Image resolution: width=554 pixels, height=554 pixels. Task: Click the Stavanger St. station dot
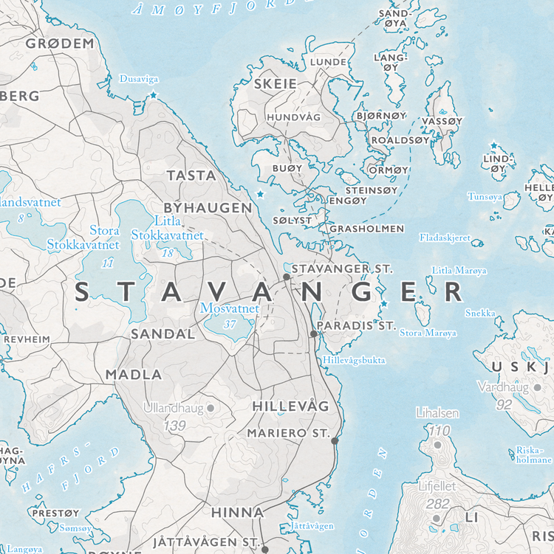pyautogui.click(x=287, y=277)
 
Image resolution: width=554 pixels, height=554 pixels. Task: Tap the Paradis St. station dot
pyautogui.click(x=313, y=334)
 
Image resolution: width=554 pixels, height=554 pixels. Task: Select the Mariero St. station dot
pyautogui.click(x=335, y=440)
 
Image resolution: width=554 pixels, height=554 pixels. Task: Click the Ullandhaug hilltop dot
pyautogui.click(x=210, y=407)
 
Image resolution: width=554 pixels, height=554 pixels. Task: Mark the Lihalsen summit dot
pyautogui.click(x=437, y=444)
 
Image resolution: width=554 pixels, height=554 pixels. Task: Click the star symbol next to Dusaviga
pyautogui.click(x=154, y=96)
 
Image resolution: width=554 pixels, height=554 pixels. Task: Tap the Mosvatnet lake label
pyautogui.click(x=230, y=308)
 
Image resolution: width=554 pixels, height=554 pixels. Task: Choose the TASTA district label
pyautogui.click(x=191, y=176)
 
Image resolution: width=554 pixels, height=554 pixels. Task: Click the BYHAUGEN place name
pyautogui.click(x=207, y=208)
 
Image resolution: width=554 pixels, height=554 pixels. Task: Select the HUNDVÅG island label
pyautogui.click(x=293, y=117)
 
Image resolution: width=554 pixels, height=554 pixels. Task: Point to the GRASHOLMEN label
pyautogui.click(x=366, y=229)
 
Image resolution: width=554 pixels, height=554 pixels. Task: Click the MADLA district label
pyautogui.click(x=133, y=374)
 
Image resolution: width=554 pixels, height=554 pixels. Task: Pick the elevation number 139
pyautogui.click(x=174, y=426)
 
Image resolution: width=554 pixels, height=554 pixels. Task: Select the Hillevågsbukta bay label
pyautogui.click(x=355, y=360)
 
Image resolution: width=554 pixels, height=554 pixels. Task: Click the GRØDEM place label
pyautogui.click(x=61, y=44)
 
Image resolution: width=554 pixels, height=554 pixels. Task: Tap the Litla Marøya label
pyautogui.click(x=459, y=271)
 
